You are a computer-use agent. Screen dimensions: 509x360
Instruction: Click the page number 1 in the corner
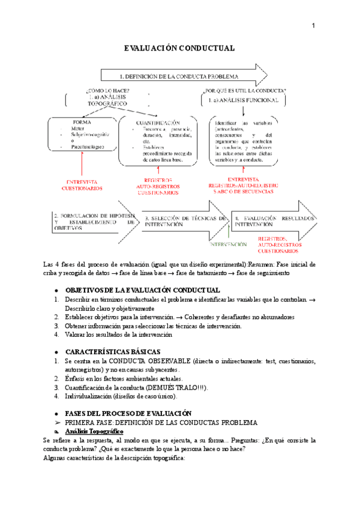point(313,26)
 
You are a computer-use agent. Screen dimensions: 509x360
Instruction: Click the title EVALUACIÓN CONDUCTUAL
point(179,48)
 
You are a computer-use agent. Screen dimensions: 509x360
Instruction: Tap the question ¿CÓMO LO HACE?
point(107,91)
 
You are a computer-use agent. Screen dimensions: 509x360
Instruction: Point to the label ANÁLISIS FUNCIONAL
point(247,101)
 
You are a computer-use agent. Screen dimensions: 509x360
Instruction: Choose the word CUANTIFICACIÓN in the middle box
point(158,122)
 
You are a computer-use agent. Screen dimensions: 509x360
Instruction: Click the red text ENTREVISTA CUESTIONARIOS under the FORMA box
point(82,185)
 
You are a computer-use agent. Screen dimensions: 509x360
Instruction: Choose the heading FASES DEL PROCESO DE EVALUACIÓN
point(128,413)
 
